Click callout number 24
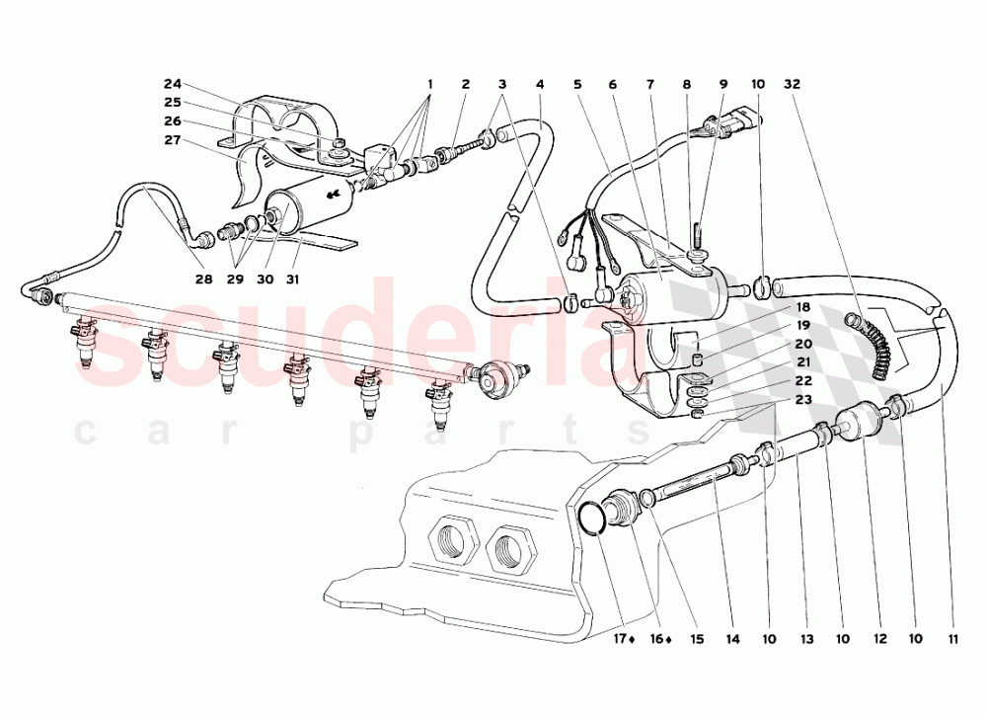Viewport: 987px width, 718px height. click(173, 84)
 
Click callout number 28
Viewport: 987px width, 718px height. click(203, 279)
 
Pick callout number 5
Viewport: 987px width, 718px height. click(577, 85)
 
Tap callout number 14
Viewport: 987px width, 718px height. click(731, 640)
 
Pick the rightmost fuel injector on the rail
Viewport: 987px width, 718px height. click(438, 405)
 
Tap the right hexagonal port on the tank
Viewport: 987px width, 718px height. click(512, 545)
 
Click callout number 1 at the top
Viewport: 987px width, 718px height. click(429, 85)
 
